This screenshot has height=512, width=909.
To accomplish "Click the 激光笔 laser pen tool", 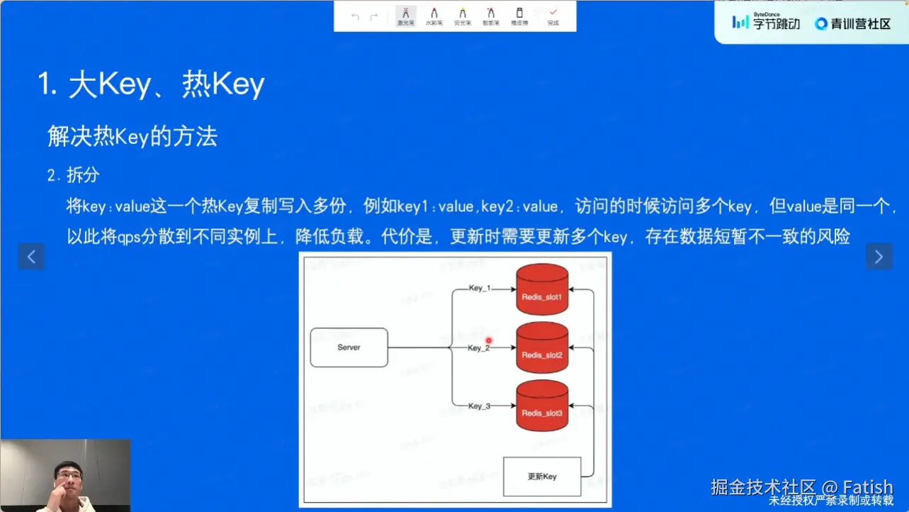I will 405,16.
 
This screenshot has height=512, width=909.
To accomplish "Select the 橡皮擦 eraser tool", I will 519,16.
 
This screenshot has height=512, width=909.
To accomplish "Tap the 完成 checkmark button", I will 553,16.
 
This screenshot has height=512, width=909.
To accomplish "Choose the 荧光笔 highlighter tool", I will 462,16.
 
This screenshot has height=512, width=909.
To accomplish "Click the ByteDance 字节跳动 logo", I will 766,23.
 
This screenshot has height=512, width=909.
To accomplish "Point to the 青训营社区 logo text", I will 853,23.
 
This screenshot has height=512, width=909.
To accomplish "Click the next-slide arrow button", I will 879,257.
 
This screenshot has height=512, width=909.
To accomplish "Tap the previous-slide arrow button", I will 31,257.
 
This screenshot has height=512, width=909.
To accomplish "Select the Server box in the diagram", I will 349,347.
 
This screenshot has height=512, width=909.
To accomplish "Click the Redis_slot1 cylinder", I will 542,291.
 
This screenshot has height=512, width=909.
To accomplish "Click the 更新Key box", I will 542,477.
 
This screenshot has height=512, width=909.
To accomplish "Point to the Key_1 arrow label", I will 480,289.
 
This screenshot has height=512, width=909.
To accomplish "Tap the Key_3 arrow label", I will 480,406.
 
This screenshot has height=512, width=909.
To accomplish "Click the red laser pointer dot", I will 488,341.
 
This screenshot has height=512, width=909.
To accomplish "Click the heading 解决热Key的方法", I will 132,136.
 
